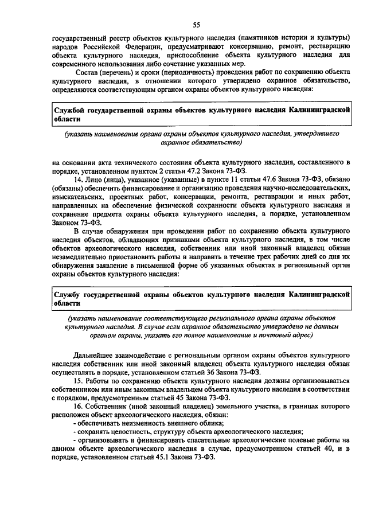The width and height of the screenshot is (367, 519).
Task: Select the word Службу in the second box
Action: click(68, 294)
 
